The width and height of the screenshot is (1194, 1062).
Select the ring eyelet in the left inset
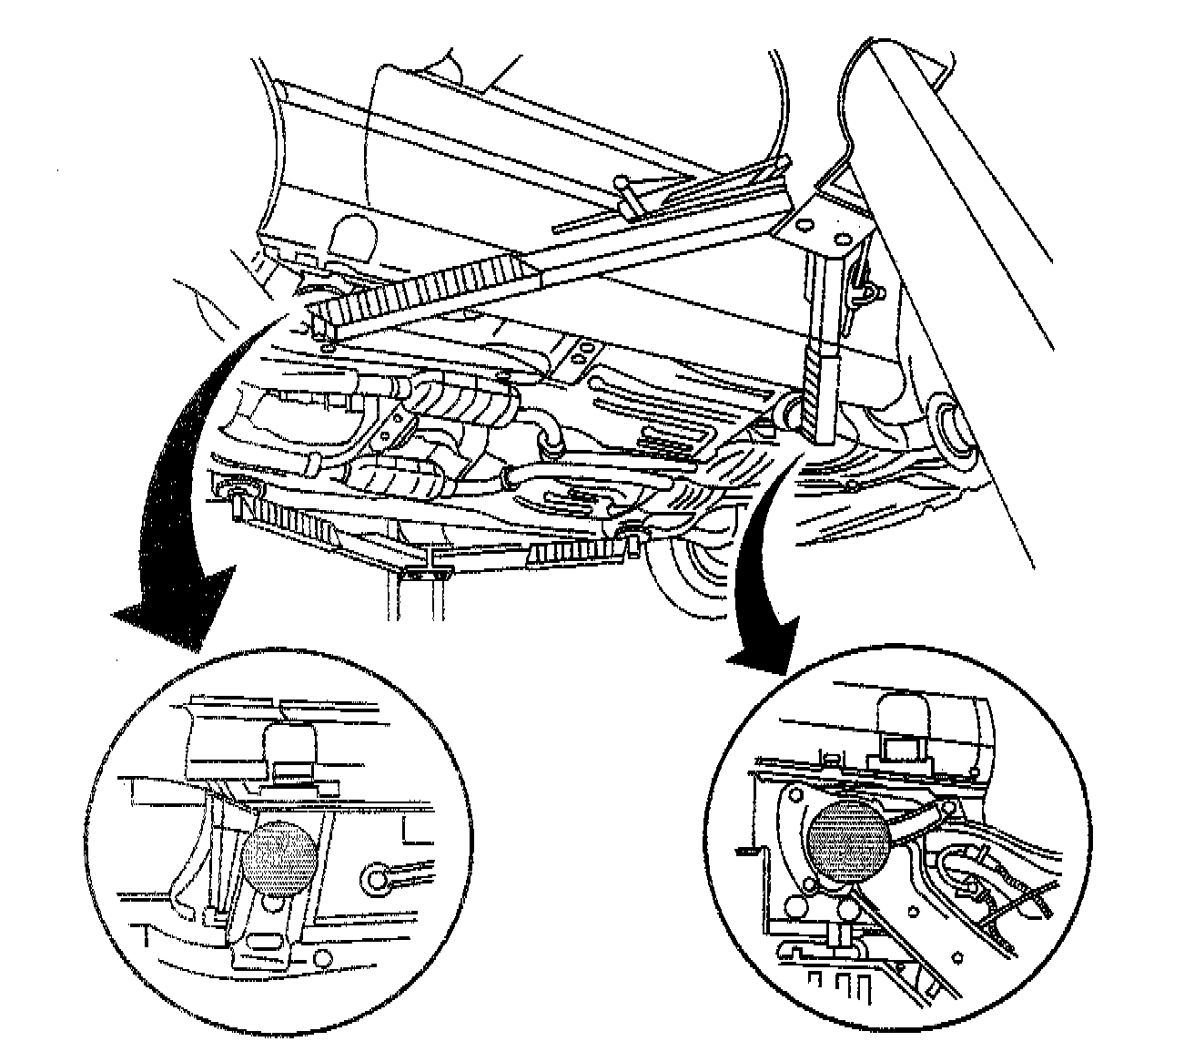point(376,878)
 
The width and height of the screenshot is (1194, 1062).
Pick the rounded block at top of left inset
point(289,750)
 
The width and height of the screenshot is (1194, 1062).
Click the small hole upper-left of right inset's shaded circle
point(798,793)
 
